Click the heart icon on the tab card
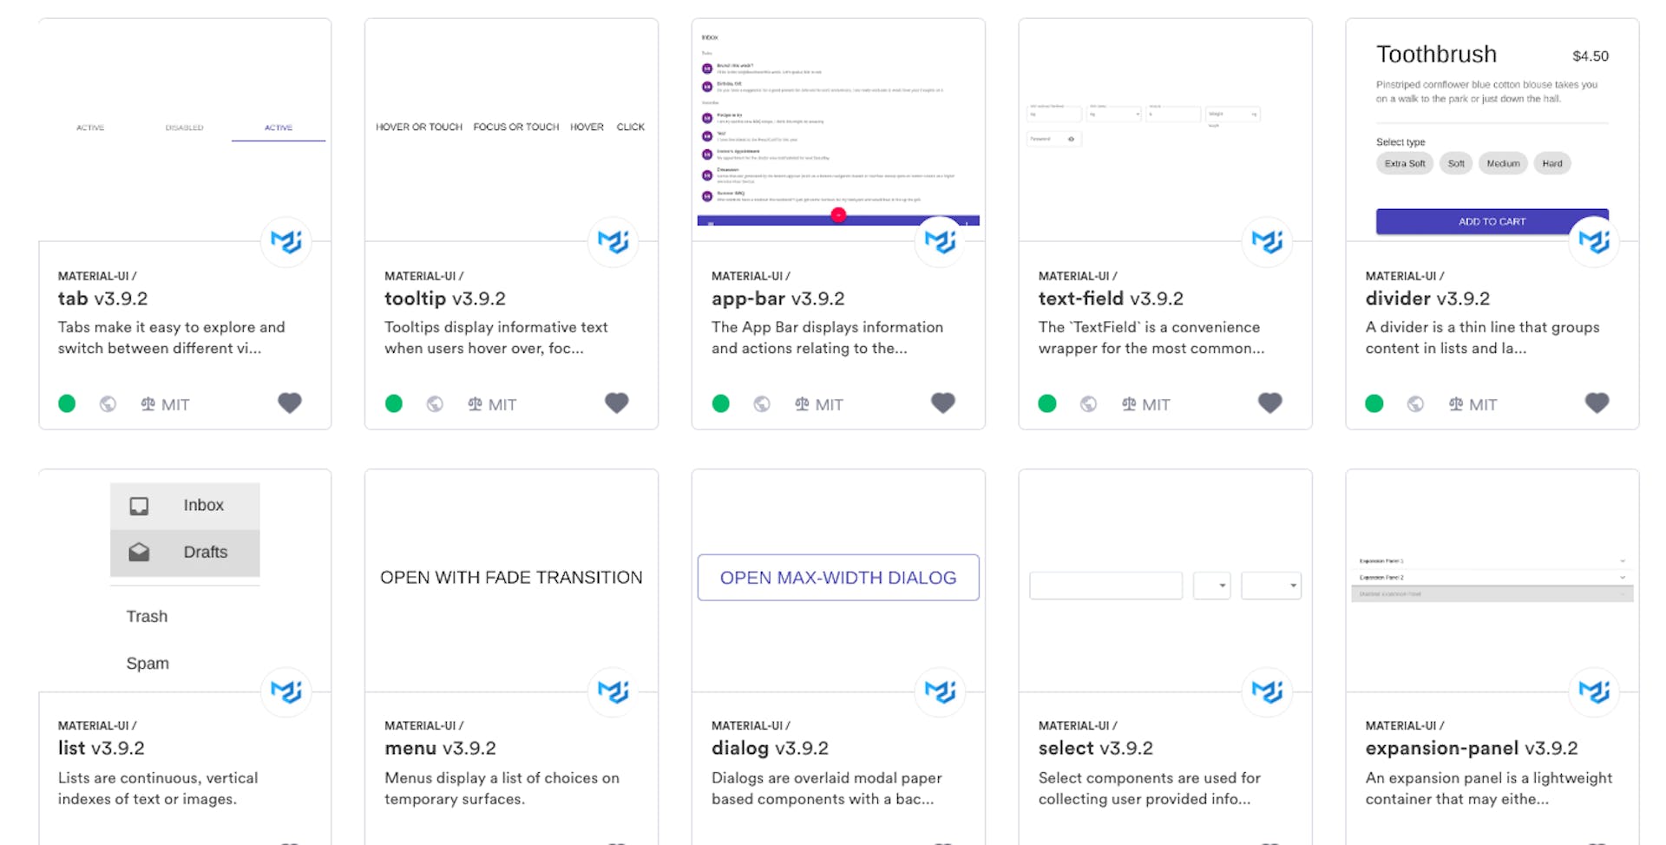[x=290, y=403]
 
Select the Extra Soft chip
[x=1404, y=163]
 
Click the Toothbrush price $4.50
[x=1590, y=56]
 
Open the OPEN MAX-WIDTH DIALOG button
[x=838, y=578]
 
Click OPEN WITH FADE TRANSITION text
[x=511, y=578]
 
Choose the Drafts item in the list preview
[x=205, y=553]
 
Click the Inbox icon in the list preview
[x=139, y=506]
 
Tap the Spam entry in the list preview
[x=148, y=664]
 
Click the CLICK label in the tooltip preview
[x=630, y=127]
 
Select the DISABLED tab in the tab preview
[x=184, y=128]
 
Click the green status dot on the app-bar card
[x=720, y=403]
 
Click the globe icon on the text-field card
[x=1088, y=403]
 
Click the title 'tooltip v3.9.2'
[x=444, y=298]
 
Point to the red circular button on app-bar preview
[x=838, y=215]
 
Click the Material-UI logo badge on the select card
[x=1267, y=691]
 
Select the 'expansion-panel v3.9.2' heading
[x=1471, y=748]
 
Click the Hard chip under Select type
[x=1551, y=163]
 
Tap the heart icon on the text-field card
[x=1269, y=403]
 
